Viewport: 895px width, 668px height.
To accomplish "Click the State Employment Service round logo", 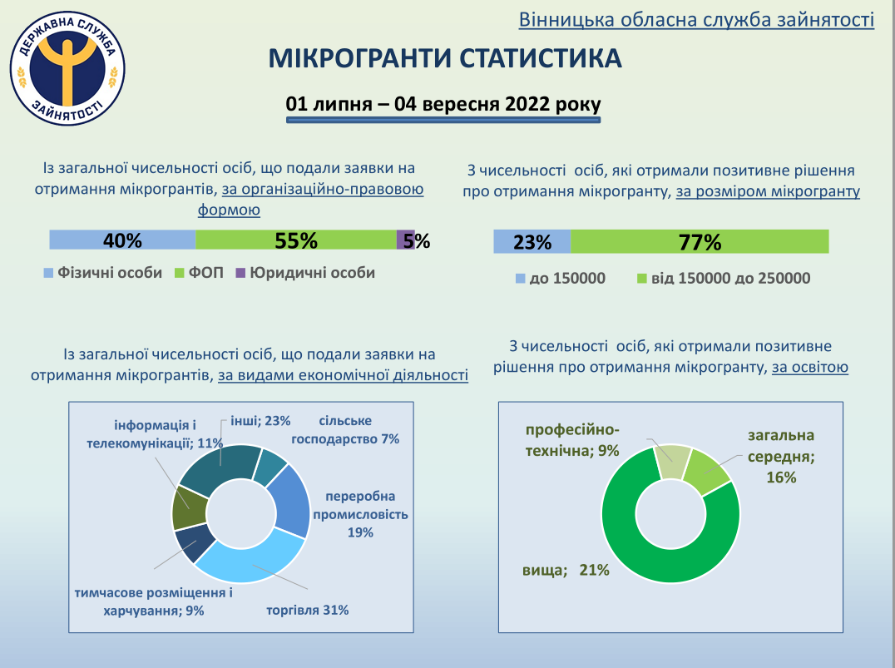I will click(67, 70).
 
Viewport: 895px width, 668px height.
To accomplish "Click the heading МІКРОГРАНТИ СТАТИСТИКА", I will click(444, 59).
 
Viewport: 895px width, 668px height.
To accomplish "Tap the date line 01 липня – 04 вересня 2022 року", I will click(443, 105).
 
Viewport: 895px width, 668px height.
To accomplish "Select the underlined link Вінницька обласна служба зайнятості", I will click(695, 19).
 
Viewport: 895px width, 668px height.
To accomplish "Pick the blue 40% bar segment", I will click(122, 240).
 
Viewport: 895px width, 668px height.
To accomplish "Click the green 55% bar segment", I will click(296, 240).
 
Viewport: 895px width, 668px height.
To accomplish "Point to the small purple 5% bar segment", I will click(405, 240).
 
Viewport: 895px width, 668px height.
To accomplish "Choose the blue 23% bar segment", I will click(532, 242).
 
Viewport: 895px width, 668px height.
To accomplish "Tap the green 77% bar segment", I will click(699, 242).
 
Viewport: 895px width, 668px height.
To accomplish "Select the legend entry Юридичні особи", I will click(304, 273).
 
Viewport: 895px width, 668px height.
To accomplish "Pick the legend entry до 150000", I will click(560, 278).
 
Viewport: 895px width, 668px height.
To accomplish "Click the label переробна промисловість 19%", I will click(360, 514).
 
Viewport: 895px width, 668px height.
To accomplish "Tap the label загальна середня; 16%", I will click(781, 456).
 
